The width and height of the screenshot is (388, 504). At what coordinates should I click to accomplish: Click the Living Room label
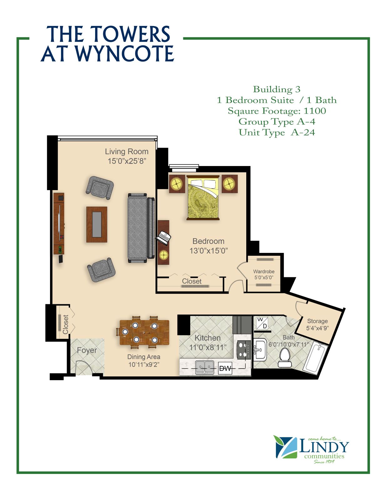click(x=127, y=152)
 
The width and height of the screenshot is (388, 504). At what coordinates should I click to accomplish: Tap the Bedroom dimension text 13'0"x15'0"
click(x=209, y=251)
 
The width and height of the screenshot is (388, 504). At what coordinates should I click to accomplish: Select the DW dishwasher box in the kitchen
click(x=225, y=368)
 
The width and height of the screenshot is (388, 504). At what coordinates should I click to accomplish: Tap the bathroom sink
click(x=260, y=350)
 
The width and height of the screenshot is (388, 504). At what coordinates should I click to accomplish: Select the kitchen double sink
click(x=205, y=367)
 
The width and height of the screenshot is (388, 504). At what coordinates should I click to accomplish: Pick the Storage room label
click(x=317, y=321)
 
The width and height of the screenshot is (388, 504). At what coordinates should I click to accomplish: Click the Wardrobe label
click(x=264, y=271)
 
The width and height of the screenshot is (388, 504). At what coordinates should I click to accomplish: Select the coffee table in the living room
click(x=97, y=224)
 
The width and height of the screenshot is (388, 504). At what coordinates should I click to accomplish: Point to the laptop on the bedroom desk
click(x=164, y=238)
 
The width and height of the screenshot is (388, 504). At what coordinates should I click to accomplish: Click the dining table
click(x=144, y=332)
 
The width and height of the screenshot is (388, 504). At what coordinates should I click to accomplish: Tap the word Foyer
click(x=87, y=350)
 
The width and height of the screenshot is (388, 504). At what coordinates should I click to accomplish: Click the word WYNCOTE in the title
click(x=125, y=53)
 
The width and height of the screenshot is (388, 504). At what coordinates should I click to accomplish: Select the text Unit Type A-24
click(x=277, y=133)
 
